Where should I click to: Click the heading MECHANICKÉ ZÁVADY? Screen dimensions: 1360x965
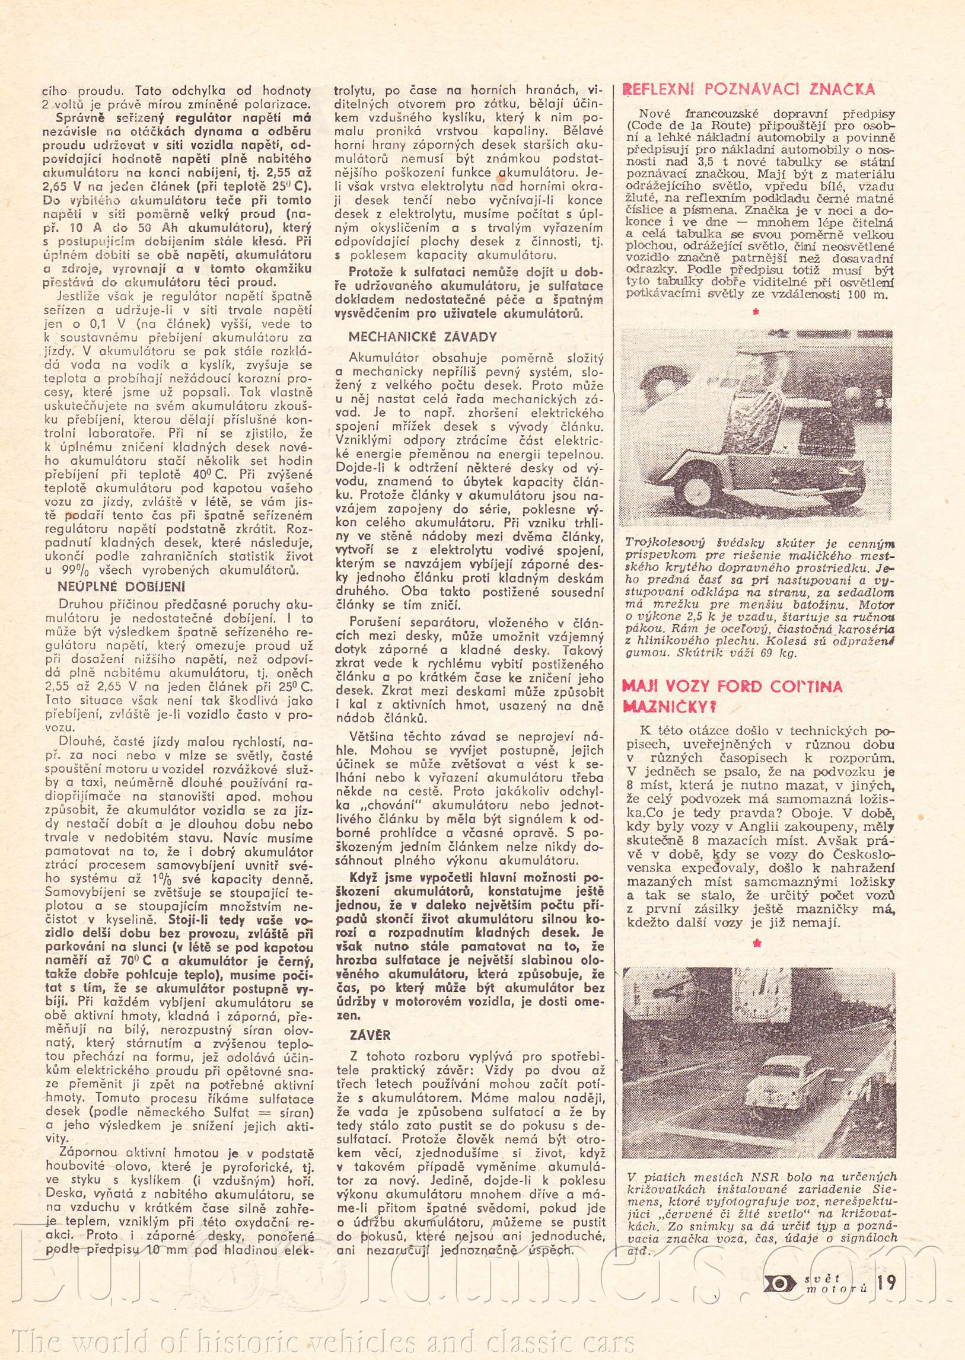[x=422, y=337]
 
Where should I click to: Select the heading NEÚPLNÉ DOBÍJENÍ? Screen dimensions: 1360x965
[x=122, y=586]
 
